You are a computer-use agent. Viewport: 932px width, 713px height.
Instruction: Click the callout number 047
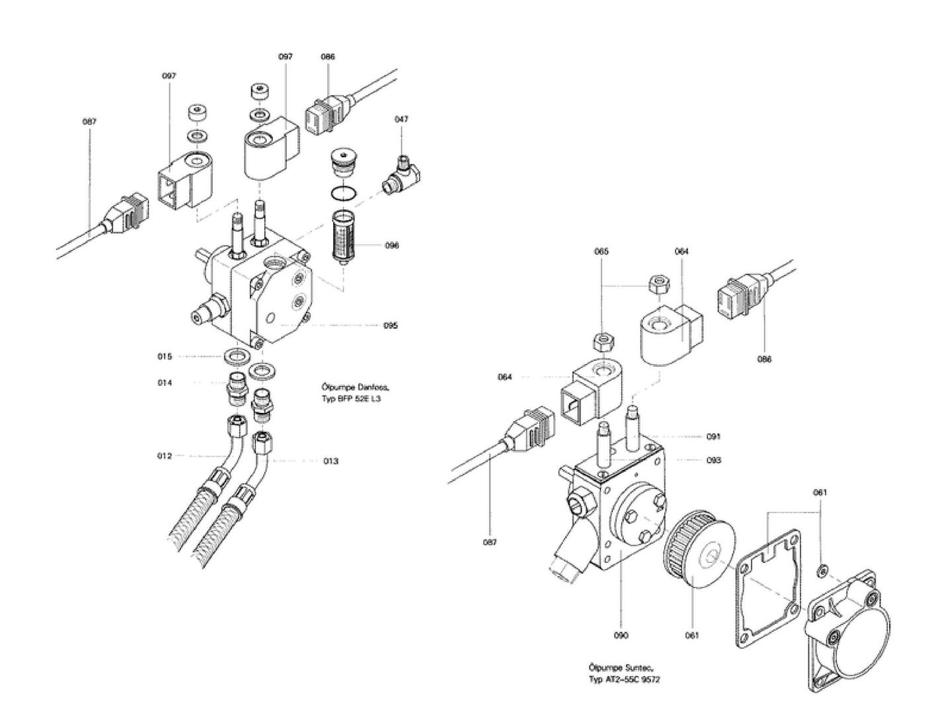(401, 120)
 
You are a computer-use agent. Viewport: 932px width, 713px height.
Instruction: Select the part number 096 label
(392, 246)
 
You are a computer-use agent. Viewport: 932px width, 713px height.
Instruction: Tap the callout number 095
(391, 326)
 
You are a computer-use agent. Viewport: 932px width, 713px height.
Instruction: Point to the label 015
(165, 357)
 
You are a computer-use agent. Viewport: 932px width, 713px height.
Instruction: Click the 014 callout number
(165, 383)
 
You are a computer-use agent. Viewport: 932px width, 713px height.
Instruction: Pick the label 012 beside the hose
(165, 456)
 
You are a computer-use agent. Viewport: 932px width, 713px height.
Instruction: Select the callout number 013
(330, 461)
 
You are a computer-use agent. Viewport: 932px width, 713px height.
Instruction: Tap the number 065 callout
(601, 252)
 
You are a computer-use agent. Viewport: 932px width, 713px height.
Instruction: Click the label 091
(713, 437)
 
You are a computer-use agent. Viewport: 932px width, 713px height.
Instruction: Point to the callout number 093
(713, 460)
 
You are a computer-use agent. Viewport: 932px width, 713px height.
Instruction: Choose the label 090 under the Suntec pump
(621, 636)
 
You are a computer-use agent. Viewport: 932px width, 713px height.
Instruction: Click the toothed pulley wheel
(698, 550)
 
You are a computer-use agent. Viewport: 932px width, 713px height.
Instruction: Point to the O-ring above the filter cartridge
(343, 194)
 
